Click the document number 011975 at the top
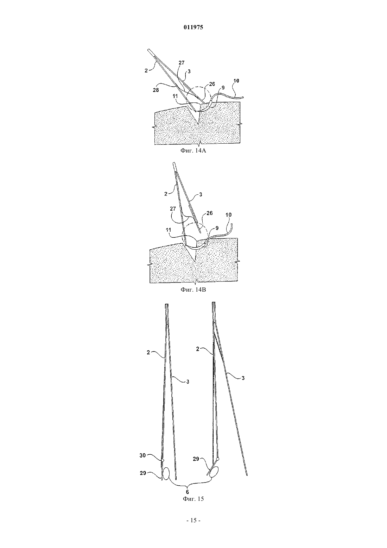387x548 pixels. (193, 27)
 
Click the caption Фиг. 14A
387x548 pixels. (193, 150)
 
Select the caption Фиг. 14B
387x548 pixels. (193, 289)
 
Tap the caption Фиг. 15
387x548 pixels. (193, 499)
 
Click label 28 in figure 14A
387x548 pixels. (156, 90)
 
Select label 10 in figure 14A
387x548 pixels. (236, 81)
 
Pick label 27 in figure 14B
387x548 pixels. (173, 209)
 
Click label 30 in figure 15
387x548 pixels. (143, 455)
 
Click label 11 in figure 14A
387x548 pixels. (175, 96)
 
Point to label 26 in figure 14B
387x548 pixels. (210, 213)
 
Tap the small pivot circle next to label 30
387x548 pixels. (163, 460)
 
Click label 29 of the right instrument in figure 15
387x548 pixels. (196, 459)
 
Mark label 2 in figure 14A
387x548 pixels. (146, 71)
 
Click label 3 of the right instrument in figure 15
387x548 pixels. (243, 378)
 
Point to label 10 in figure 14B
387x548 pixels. (228, 215)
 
